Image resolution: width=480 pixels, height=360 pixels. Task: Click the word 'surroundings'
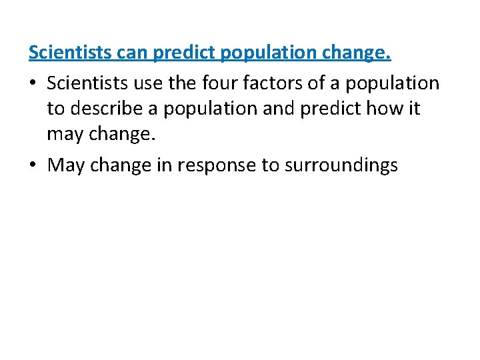(x=341, y=165)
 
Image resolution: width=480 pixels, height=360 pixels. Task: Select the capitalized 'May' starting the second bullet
(x=66, y=165)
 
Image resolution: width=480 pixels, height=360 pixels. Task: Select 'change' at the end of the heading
(x=361, y=53)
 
